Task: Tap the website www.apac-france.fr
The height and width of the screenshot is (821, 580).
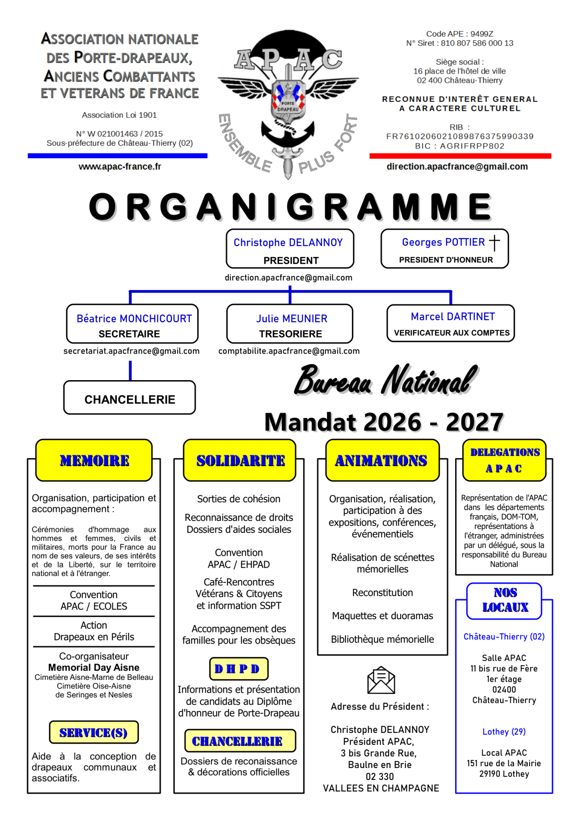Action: click(x=120, y=167)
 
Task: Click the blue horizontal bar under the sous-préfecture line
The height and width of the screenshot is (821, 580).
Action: click(x=118, y=156)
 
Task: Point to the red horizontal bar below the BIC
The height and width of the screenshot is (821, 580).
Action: click(x=460, y=156)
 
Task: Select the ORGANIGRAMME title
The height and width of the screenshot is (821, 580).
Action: click(x=290, y=207)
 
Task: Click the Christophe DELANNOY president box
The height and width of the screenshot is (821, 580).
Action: click(x=290, y=249)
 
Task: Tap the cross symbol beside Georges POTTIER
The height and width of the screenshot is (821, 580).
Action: click(x=494, y=242)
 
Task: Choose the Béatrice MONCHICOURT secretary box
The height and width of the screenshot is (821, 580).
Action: click(x=132, y=324)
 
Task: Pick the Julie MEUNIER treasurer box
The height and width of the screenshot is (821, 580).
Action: click(x=290, y=324)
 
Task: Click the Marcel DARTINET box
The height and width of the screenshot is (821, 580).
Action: click(x=450, y=323)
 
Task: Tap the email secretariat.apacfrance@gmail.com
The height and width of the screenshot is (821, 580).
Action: click(x=131, y=351)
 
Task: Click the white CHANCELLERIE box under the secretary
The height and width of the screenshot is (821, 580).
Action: click(x=130, y=398)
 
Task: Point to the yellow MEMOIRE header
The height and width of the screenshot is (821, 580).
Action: click(x=94, y=461)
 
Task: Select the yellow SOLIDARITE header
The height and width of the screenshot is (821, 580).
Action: click(x=240, y=461)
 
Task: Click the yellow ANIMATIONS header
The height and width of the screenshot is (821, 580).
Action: click(x=382, y=461)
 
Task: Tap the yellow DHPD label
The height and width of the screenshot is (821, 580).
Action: click(x=239, y=669)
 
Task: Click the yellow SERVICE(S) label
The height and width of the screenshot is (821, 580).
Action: click(x=94, y=732)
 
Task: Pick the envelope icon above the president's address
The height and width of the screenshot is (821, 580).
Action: click(x=381, y=680)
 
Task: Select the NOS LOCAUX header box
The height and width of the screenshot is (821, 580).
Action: click(x=504, y=601)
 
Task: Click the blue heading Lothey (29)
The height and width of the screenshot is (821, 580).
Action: click(x=504, y=732)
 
